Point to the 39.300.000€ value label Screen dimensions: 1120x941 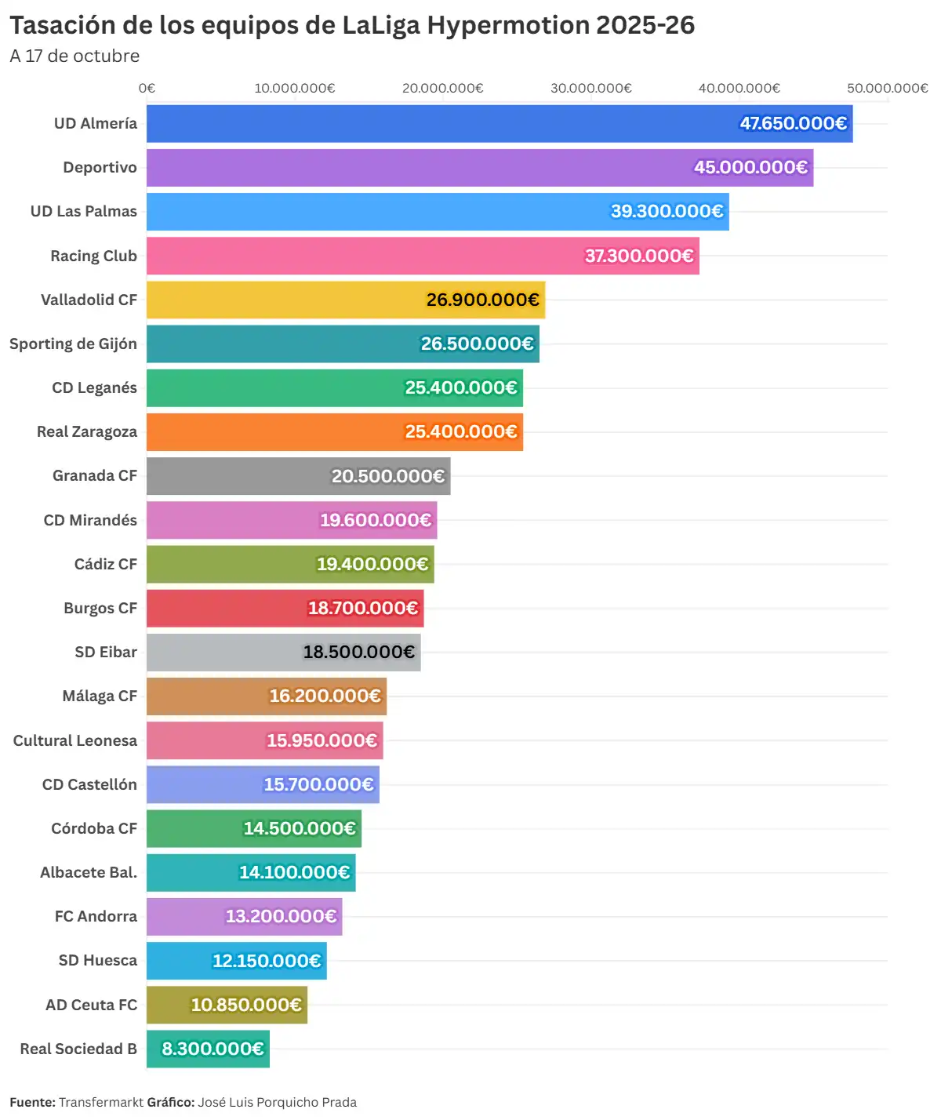point(667,212)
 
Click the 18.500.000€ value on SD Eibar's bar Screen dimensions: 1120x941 point(359,653)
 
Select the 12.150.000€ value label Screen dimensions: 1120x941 point(267,961)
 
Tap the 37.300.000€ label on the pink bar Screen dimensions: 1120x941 point(639,256)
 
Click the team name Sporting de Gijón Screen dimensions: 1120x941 point(73,344)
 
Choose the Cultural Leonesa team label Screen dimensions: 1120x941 point(75,740)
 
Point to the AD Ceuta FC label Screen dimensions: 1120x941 point(91,1005)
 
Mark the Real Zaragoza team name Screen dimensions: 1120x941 point(87,431)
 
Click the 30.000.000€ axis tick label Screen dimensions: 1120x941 point(590,88)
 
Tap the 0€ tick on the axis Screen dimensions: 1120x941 point(147,88)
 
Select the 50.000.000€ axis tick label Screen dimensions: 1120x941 point(887,88)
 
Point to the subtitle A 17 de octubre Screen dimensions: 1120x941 point(74,56)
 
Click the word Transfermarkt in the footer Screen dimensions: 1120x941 point(101,1102)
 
